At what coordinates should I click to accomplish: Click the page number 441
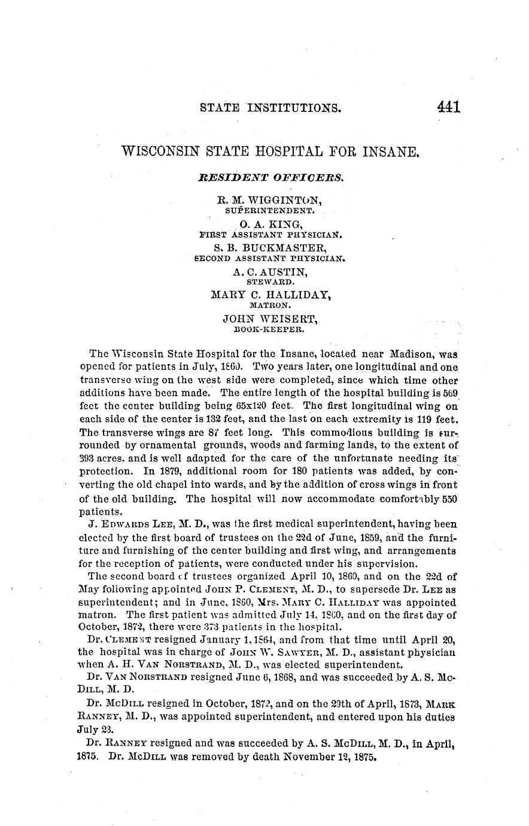(448, 108)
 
